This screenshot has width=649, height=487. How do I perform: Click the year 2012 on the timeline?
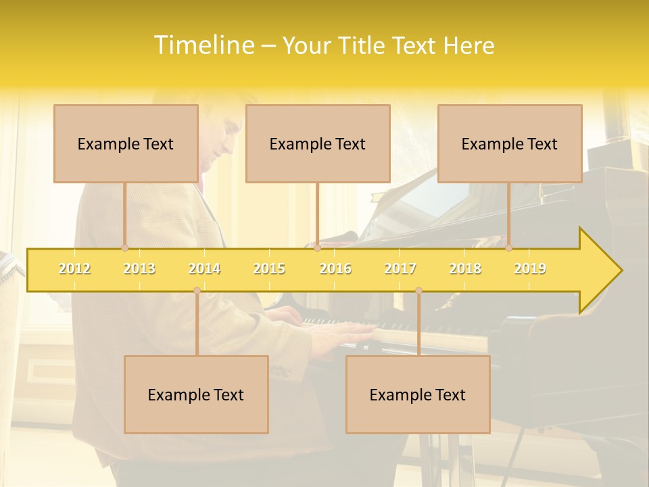point(74,269)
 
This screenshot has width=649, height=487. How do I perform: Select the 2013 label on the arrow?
point(139,269)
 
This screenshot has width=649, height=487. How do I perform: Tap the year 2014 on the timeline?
point(204,269)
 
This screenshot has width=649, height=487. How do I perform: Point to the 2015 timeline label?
point(269,269)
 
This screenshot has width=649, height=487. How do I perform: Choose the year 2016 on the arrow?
point(335,269)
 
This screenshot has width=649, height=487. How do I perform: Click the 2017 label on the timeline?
point(400,269)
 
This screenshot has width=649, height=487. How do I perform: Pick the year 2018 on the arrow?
point(465,269)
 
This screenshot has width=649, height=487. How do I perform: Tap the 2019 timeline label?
point(530,269)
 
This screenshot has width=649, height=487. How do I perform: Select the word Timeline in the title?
point(202,45)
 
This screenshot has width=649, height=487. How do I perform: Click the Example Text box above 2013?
point(126,143)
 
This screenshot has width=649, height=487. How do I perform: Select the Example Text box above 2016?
point(318,143)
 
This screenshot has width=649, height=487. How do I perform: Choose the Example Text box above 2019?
point(510,143)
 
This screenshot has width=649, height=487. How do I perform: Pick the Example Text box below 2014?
point(196,394)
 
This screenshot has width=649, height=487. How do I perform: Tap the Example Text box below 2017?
point(418,394)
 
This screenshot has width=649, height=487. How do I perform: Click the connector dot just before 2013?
point(124,248)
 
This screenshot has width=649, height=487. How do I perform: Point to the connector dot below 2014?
point(197,290)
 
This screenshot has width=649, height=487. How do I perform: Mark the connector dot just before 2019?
point(508,248)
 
